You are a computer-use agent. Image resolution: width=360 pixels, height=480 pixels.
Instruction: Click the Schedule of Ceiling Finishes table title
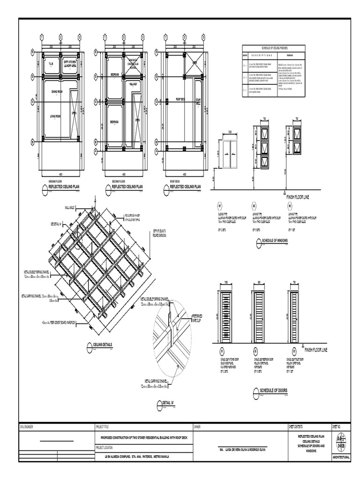(x=273, y=48)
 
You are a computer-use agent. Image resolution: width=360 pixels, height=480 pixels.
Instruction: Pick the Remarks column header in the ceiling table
(x=286, y=55)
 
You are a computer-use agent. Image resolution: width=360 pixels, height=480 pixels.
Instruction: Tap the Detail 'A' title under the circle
(x=167, y=403)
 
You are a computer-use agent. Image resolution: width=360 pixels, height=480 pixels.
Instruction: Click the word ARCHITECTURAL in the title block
(x=340, y=456)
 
